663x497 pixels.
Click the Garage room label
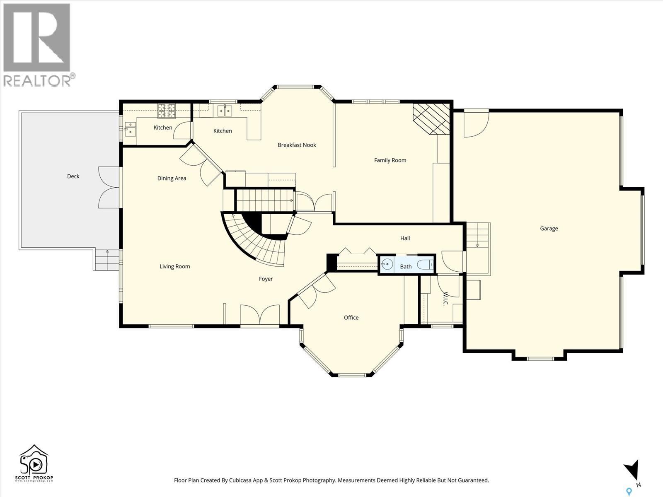click(549, 229)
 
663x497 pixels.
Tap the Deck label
click(73, 176)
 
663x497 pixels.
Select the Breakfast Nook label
click(297, 145)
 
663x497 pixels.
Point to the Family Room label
click(390, 160)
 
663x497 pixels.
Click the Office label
click(351, 317)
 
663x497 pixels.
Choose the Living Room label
click(174, 266)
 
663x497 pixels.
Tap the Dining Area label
click(172, 179)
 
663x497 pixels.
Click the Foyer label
click(266, 279)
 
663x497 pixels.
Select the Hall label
click(405, 239)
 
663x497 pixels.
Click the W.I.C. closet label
click(445, 299)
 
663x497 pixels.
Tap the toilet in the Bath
click(425, 265)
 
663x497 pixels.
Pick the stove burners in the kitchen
click(167, 111)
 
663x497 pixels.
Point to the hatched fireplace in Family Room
click(431, 119)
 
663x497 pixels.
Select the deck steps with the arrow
click(107, 259)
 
